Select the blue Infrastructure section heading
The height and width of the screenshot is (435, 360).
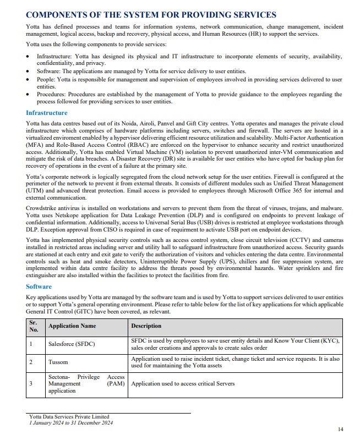47,113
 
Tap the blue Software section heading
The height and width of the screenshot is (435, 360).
39,287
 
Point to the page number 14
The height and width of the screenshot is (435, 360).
340,429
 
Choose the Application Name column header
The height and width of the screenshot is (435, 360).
72,326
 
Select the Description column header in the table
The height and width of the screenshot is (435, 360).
146,326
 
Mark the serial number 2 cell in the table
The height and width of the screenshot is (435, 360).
31,362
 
